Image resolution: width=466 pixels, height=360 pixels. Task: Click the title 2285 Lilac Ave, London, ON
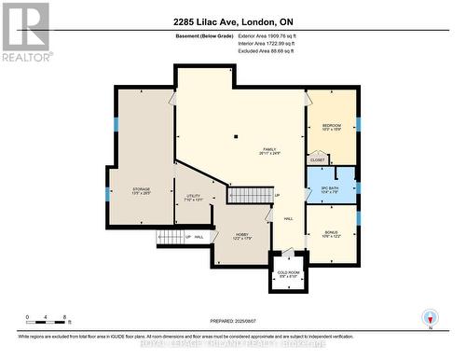pyautogui.click(x=233, y=21)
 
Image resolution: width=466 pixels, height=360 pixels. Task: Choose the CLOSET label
pyautogui.click(x=318, y=159)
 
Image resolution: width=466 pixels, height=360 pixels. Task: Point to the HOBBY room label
pyautogui.click(x=242, y=236)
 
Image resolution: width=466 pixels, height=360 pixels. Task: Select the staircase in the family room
pyautogui.click(x=248, y=194)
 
